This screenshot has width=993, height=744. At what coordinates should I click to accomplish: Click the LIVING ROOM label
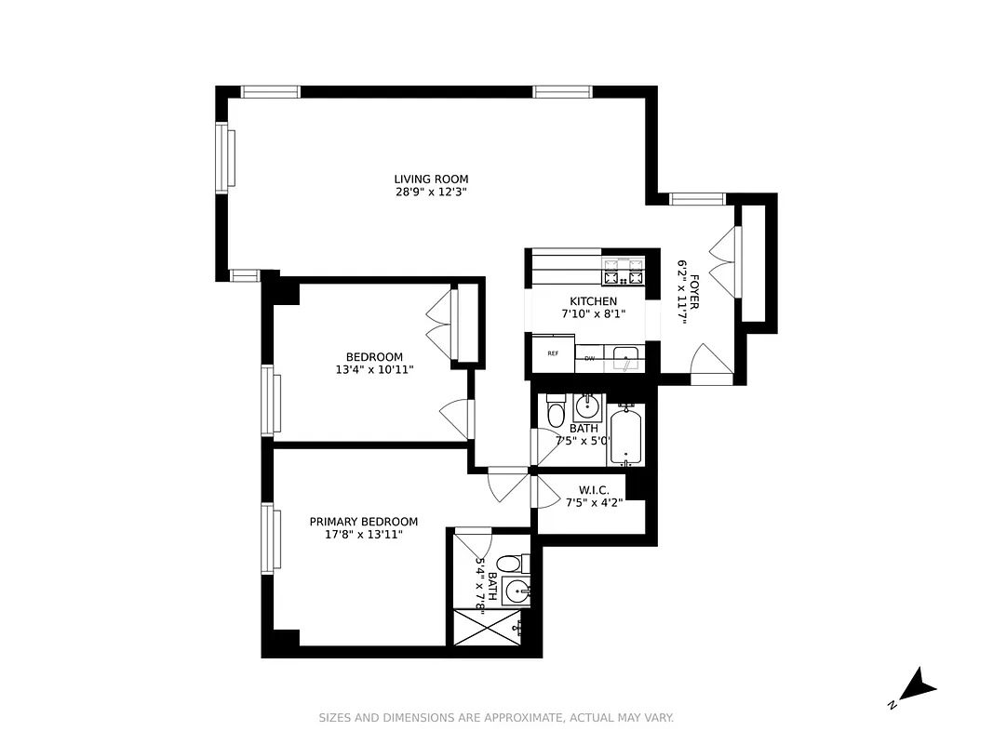point(431,179)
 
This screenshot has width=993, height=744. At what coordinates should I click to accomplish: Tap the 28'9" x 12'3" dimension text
point(431,193)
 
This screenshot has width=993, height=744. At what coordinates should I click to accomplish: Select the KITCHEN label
point(593,301)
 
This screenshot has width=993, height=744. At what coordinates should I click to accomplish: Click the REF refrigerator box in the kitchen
point(553,353)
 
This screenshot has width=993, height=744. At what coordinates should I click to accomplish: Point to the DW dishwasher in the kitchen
point(589,357)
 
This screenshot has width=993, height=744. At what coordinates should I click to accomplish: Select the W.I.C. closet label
point(594,490)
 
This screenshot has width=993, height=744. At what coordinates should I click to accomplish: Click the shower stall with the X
point(486,628)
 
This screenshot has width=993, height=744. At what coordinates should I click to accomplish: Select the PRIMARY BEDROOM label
point(364,522)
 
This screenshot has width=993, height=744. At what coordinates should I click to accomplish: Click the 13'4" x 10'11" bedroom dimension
point(374,370)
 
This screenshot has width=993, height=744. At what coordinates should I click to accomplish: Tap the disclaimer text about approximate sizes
point(496,718)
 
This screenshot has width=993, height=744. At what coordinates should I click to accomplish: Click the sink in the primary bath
point(517,591)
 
